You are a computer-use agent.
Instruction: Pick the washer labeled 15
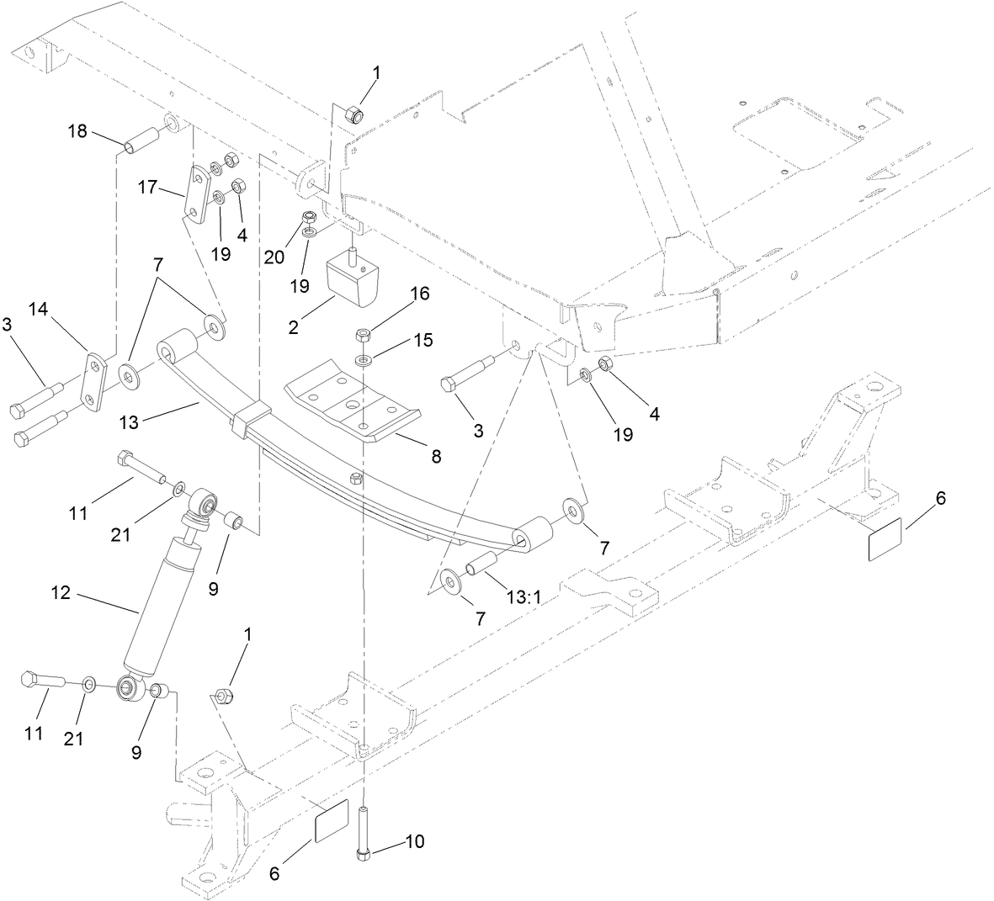(x=363, y=361)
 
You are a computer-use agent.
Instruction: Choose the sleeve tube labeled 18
(x=141, y=140)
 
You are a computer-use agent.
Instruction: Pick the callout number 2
(x=294, y=326)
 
